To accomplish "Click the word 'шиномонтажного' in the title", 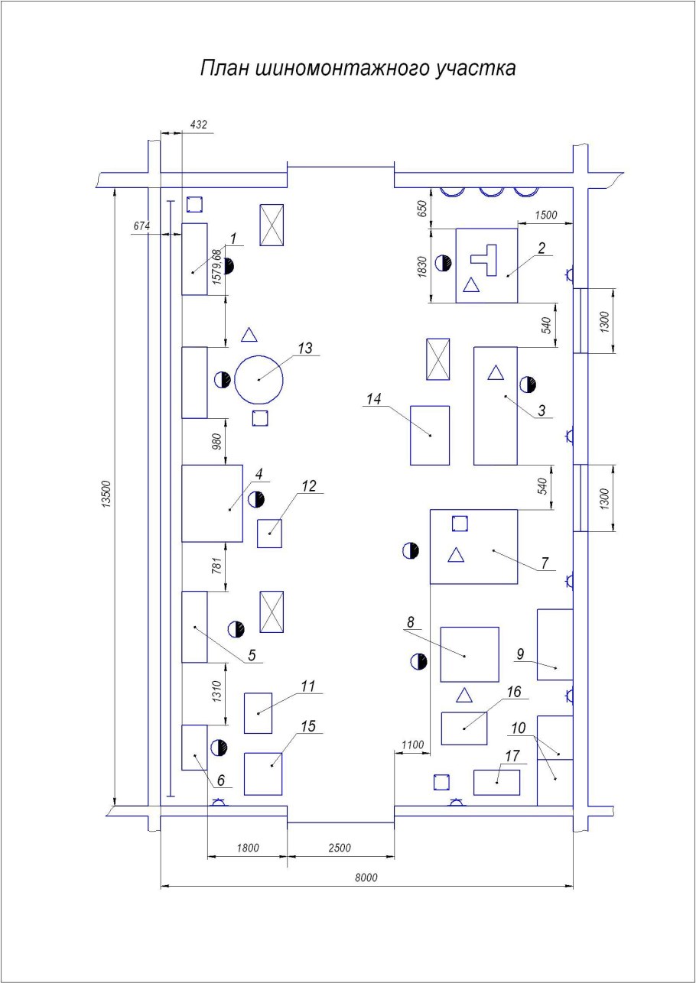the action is [342, 69].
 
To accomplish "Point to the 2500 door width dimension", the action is [340, 848].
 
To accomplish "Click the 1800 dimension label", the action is [248, 848].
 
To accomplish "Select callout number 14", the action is [374, 399].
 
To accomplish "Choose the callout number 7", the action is [545, 563].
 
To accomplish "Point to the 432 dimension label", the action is [199, 125].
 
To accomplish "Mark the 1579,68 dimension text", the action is [216, 268].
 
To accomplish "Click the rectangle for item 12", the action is [269, 534].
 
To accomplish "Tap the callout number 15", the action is [307, 726].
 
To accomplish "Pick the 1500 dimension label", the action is [546, 215].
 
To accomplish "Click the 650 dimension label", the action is [422, 209].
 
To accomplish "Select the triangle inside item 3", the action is [496, 372].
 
